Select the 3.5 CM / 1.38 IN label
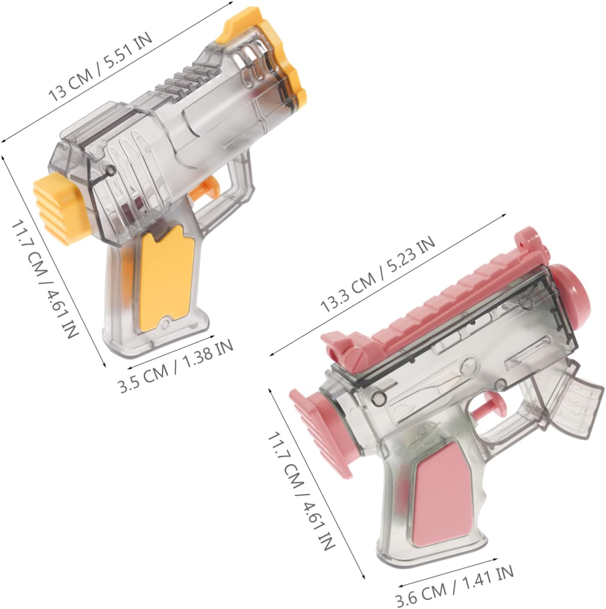tap(176, 366)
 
